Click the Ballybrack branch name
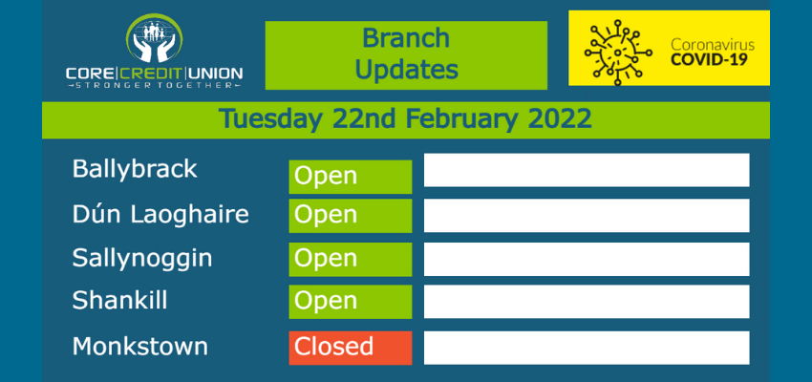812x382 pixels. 135,169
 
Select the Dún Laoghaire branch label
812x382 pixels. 160,214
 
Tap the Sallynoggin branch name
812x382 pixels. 142,258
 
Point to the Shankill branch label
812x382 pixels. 119,300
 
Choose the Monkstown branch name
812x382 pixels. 139,346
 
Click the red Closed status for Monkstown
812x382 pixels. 350,348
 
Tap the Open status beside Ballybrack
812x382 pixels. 350,177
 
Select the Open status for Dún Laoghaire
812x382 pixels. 350,216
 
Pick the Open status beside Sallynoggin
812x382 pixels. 350,260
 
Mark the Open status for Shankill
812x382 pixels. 350,302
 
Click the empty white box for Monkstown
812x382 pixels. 587,348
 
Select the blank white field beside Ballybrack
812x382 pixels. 587,170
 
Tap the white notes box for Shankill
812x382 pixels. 587,302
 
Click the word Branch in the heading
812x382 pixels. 406,38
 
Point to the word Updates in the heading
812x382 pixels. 407,70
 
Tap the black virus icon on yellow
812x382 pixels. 618,53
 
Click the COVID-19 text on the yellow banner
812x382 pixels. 709,59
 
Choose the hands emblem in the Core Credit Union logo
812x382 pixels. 155,40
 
